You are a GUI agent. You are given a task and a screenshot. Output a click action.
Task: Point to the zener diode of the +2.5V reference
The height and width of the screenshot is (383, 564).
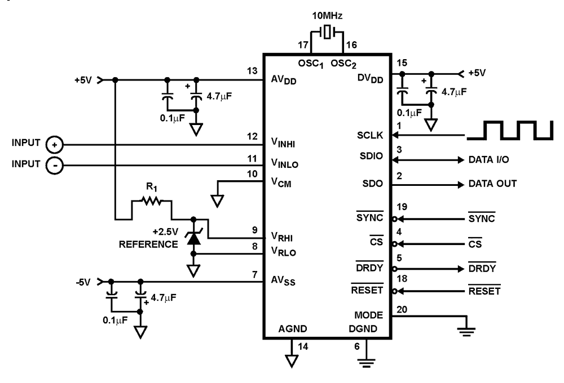(x=193, y=238)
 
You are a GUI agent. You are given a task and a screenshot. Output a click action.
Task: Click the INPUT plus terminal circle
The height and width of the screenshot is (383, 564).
(x=54, y=144)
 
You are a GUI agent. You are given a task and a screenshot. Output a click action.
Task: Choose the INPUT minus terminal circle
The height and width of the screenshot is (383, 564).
(x=54, y=165)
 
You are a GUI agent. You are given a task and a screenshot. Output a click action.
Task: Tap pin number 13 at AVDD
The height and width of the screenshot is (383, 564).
(x=252, y=72)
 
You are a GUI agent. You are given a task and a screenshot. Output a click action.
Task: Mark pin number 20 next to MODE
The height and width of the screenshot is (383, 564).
(x=402, y=309)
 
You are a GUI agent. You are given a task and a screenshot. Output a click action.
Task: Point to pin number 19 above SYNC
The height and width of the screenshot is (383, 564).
(x=401, y=208)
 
